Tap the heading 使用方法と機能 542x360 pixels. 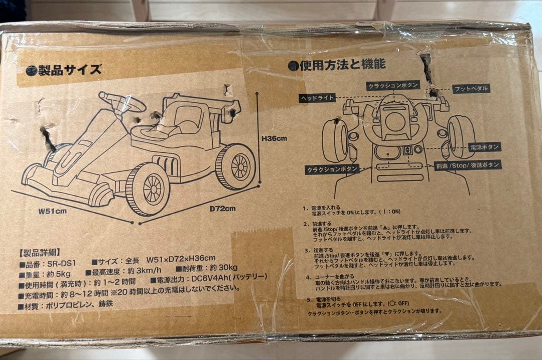click(343, 65)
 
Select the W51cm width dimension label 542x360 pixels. click(53, 211)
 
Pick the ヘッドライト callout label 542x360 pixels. click(317, 98)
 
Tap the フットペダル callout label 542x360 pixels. click(471, 89)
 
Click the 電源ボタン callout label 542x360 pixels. click(484, 147)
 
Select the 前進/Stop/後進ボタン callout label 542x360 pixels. click(467, 165)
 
